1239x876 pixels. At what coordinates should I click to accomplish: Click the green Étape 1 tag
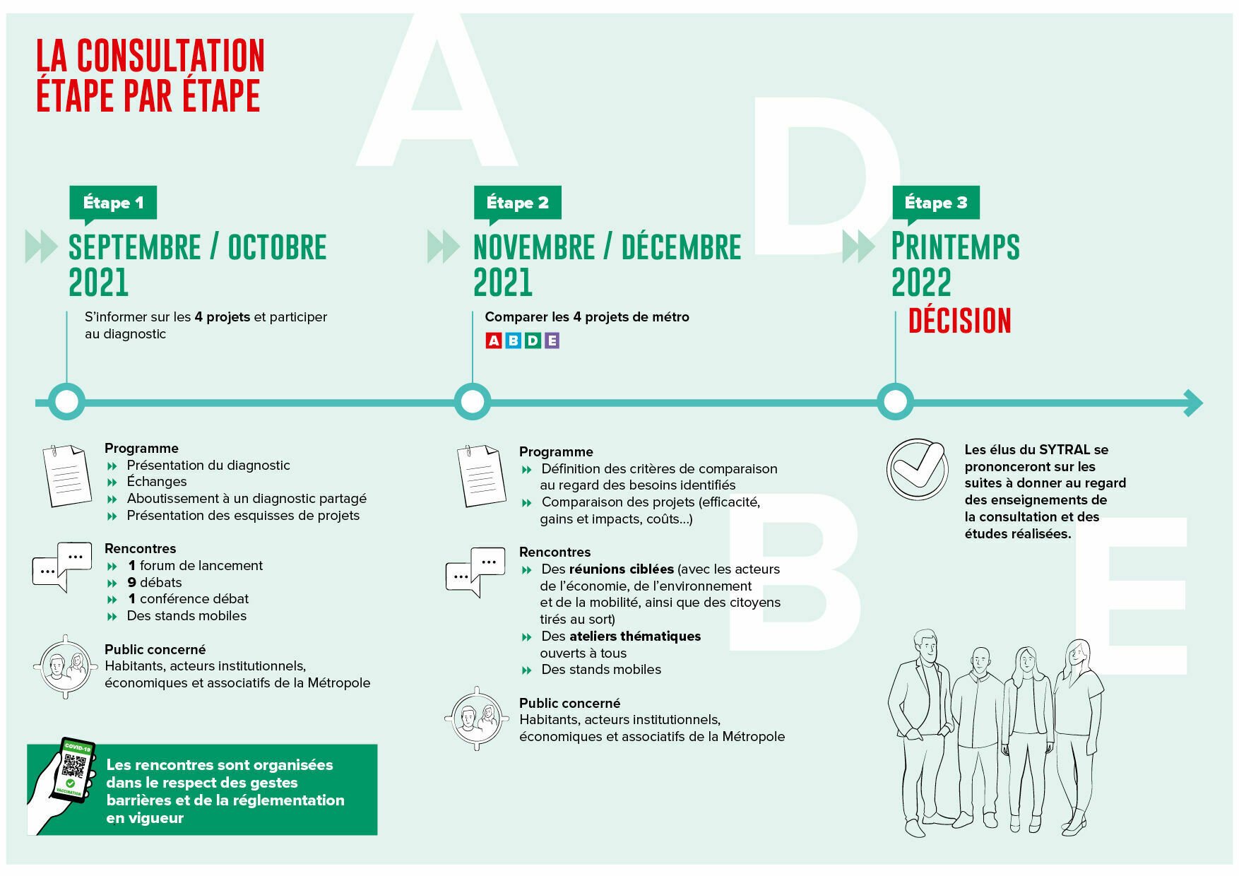[113, 203]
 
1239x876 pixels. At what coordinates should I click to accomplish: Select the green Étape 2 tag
[517, 203]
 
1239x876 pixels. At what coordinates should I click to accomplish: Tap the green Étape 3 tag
[935, 203]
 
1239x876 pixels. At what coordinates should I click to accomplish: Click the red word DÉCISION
[959, 321]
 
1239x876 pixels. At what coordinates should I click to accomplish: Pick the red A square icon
[494, 341]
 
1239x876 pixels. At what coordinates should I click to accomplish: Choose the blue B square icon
[513, 341]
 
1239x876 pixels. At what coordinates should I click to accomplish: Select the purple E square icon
[552, 341]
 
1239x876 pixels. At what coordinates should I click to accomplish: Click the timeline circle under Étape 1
[66, 402]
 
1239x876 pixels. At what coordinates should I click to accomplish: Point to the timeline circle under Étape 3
[895, 402]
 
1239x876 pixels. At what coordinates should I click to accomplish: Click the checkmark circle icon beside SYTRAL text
[917, 469]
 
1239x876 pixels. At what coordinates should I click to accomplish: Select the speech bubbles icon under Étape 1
[62, 566]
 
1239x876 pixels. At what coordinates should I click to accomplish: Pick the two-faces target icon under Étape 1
[65, 666]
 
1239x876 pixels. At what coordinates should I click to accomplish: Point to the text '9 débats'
[154, 582]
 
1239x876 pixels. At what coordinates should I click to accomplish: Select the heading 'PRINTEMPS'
[955, 247]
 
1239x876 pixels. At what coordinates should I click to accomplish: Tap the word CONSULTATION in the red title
[170, 57]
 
